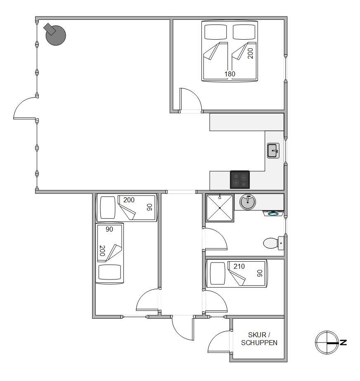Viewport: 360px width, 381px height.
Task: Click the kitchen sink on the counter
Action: tap(273, 151)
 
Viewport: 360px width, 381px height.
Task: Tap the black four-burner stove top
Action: tap(240, 180)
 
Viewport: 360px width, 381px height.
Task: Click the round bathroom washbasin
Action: tap(247, 201)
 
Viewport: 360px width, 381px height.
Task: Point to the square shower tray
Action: tap(220, 208)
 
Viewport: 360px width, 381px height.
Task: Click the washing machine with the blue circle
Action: tap(273, 213)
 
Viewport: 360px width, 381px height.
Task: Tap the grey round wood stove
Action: tap(55, 34)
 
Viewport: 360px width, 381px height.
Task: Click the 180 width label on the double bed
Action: tap(230, 74)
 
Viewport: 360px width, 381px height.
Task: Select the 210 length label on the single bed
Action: tap(239, 267)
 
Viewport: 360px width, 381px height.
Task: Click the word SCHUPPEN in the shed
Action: tap(259, 343)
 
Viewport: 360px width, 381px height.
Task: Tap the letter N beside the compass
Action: tap(343, 342)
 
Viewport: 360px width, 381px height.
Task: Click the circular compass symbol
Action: tap(327, 342)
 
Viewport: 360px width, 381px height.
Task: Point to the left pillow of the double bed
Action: tap(216, 32)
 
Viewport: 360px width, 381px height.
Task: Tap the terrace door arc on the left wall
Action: tap(21, 103)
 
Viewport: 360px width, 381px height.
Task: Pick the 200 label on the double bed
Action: tap(250, 53)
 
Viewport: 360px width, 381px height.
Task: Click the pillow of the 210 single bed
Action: tap(218, 273)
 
